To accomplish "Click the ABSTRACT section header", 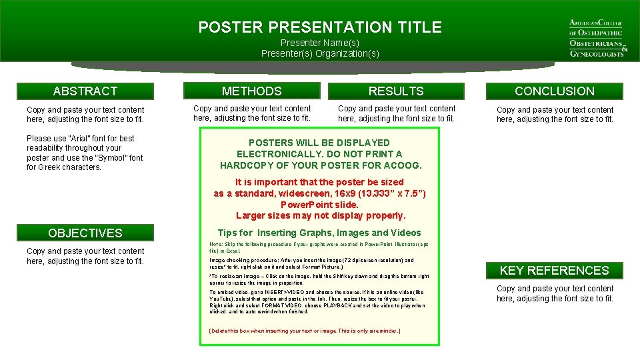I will [85, 91].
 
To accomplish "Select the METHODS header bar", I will [251, 91].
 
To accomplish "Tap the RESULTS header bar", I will [395, 91].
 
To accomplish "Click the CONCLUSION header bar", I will [554, 91].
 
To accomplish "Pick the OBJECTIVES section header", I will [85, 233].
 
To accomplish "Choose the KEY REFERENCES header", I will [554, 270].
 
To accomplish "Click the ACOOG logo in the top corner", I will [596, 37].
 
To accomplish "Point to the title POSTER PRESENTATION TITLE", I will [320, 27].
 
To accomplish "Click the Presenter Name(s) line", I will [320, 43].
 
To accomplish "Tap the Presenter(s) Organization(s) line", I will [320, 53].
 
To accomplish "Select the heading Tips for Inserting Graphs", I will [319, 233].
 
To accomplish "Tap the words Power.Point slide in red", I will [319, 205].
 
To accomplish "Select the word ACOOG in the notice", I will [405, 165].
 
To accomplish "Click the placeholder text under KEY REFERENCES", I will [555, 293].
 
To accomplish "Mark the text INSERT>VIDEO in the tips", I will [271, 292].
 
